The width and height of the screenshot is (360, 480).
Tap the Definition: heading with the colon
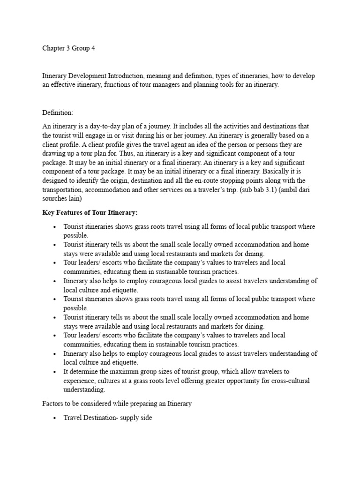(x=58, y=113)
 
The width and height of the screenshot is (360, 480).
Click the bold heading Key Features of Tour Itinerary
(x=90, y=213)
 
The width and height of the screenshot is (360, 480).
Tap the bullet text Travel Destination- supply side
(x=108, y=417)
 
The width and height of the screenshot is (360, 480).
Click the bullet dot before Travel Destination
(x=55, y=418)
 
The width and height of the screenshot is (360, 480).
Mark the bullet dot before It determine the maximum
(x=55, y=372)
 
